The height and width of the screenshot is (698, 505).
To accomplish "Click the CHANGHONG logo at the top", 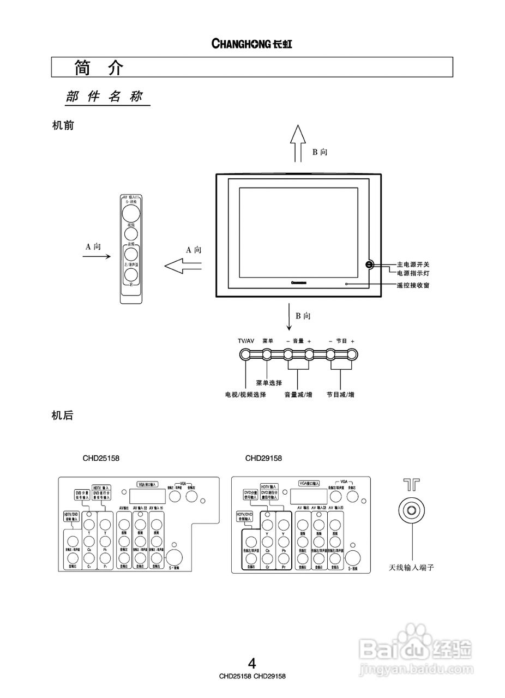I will [251, 44].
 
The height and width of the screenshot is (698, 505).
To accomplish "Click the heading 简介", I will [99, 68].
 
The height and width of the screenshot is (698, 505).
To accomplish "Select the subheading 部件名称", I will [104, 97].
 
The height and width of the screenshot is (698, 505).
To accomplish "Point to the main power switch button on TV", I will [369, 265].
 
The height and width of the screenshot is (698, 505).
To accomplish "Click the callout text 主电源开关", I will [413, 264].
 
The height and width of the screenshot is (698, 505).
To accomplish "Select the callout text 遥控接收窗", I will [413, 285].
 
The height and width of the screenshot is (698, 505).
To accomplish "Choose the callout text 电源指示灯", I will [413, 273].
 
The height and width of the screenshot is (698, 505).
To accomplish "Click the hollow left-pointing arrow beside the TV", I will [183, 266].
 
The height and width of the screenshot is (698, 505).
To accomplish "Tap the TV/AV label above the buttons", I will [246, 341].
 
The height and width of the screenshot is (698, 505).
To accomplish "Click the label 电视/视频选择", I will [245, 394].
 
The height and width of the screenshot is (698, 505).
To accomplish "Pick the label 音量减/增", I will [298, 394].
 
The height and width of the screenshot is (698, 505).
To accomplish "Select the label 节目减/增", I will [340, 394].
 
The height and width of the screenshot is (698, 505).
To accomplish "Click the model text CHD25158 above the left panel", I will [101, 458].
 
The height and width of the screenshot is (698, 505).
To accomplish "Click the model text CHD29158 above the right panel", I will [263, 458].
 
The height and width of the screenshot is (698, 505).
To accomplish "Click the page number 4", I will [252, 664].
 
